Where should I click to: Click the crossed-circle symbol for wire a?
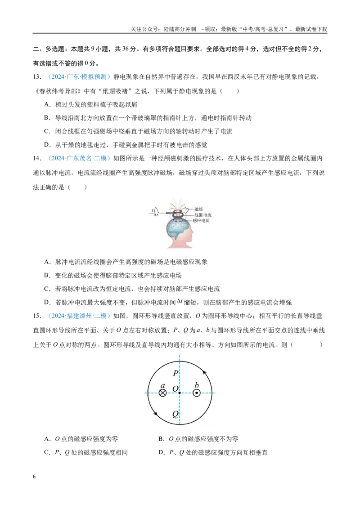(x=162, y=393)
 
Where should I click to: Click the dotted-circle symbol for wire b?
(x=196, y=393)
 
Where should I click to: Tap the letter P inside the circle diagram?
(x=175, y=373)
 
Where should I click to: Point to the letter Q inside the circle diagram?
(x=175, y=414)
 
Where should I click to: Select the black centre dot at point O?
(x=180, y=393)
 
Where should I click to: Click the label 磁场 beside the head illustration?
(x=198, y=210)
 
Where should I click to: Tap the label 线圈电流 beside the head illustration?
(x=203, y=215)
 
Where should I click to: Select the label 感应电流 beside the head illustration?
(x=201, y=220)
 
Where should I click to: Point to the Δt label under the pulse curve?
(x=156, y=215)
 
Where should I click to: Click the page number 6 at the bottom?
(x=34, y=477)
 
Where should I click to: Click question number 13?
(x=37, y=77)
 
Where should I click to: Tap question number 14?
(x=37, y=158)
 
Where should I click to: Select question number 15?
(x=37, y=316)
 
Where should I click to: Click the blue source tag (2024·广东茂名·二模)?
(x=79, y=158)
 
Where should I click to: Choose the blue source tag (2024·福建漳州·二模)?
(x=79, y=316)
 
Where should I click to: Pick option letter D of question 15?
(x=161, y=452)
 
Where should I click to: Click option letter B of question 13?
(x=47, y=118)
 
